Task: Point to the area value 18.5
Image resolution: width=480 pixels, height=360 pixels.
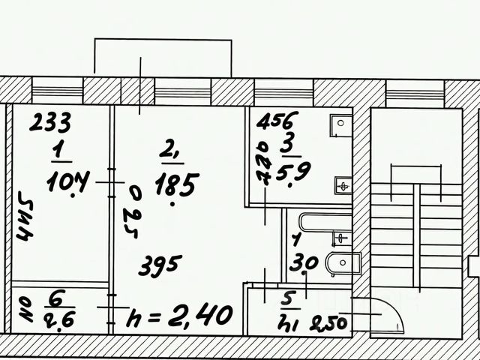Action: [175, 181]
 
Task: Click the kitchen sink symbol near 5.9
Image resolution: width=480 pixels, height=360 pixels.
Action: [343, 182]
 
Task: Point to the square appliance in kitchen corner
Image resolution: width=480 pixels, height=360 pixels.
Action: [340, 123]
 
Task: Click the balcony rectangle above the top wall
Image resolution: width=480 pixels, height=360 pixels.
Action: [162, 56]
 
